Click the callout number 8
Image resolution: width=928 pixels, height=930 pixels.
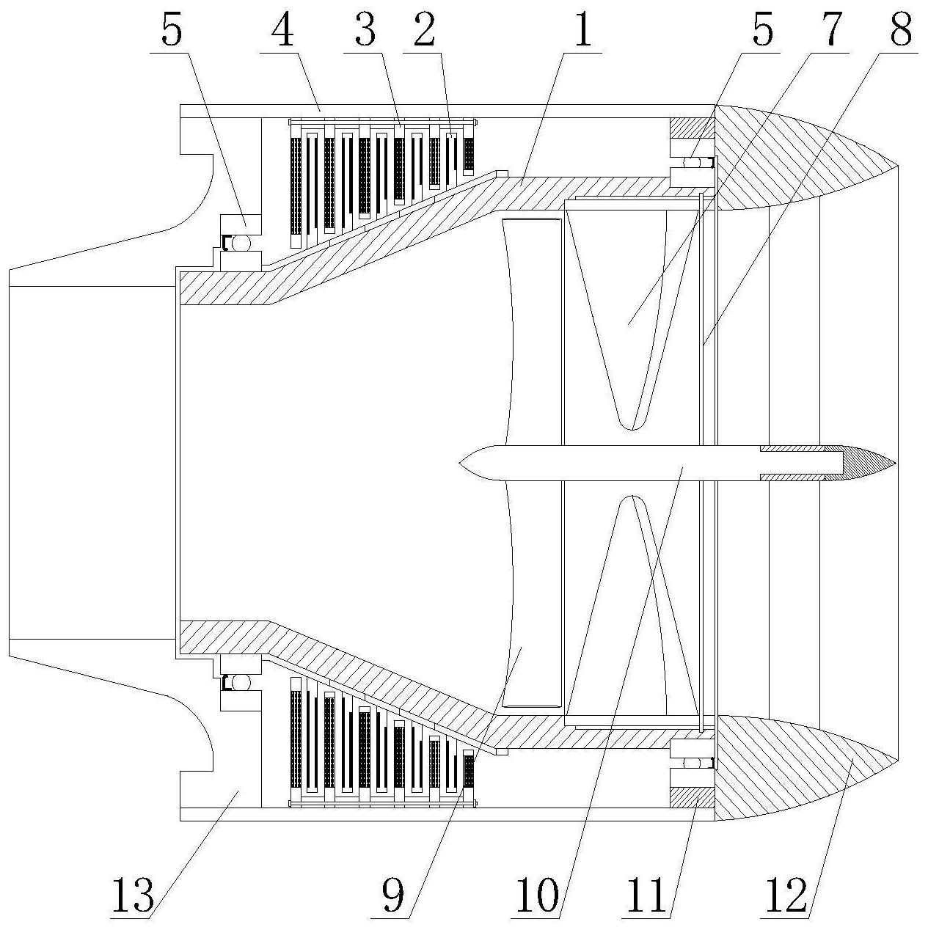901,30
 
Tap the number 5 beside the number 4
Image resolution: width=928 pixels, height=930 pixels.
172,30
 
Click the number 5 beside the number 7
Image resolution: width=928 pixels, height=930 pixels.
763,30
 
